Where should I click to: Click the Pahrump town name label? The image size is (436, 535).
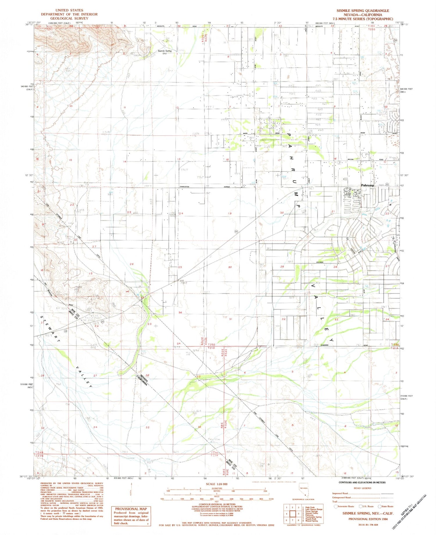[367, 185]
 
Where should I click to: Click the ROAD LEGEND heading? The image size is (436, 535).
[362, 488]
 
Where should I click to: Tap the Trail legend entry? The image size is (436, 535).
[335, 502]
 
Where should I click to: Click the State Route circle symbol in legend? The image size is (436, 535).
[379, 506]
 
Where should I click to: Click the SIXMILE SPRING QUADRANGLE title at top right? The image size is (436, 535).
[363, 11]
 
